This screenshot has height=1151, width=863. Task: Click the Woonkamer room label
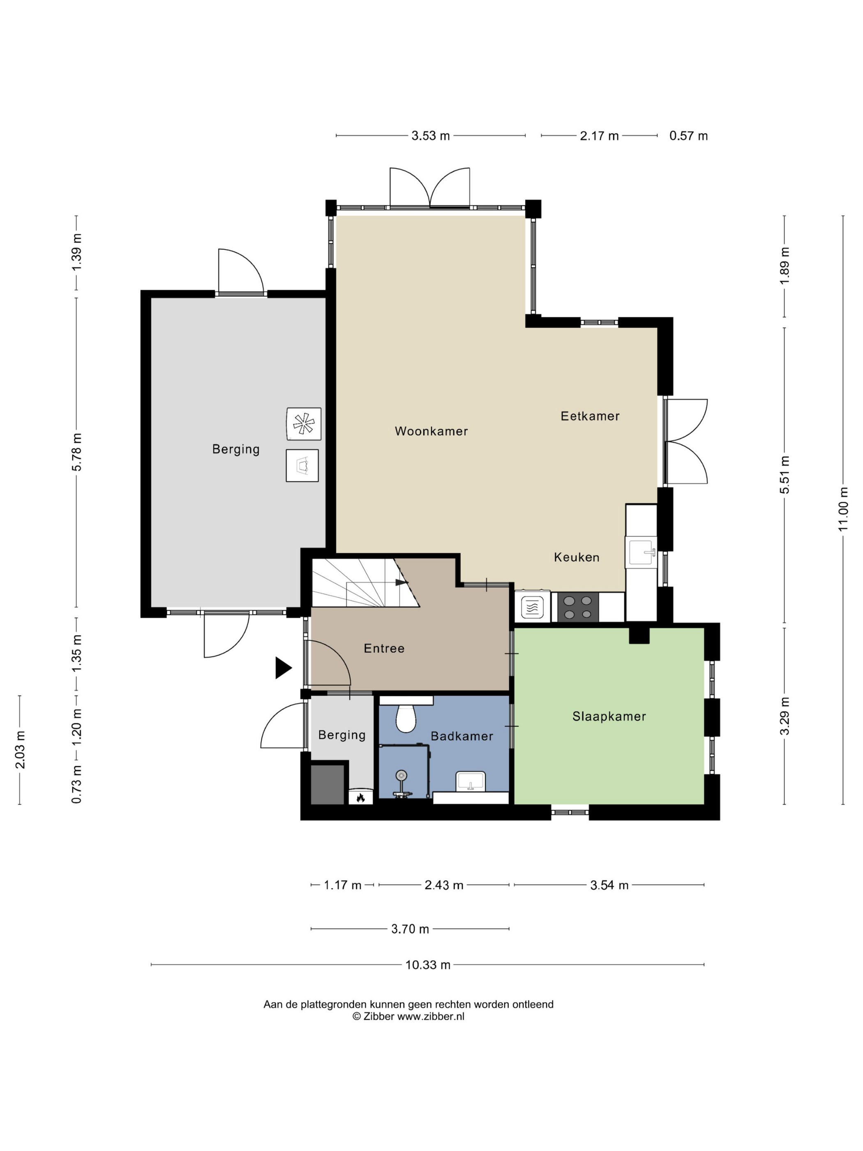[431, 431]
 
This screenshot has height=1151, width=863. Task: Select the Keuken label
[577, 557]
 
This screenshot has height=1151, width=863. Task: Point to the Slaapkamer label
[609, 716]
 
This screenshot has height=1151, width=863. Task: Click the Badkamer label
[461, 736]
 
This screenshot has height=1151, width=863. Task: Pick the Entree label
[384, 648]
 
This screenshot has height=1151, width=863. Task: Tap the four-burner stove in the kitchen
[577, 607]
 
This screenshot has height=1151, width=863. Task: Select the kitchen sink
[642, 552]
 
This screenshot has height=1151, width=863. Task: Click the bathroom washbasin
[470, 781]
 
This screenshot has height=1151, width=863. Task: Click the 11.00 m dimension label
[843, 509]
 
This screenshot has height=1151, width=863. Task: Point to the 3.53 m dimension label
[430, 136]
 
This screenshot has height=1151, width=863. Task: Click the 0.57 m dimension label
[688, 136]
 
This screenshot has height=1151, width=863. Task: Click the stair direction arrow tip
[408, 582]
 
